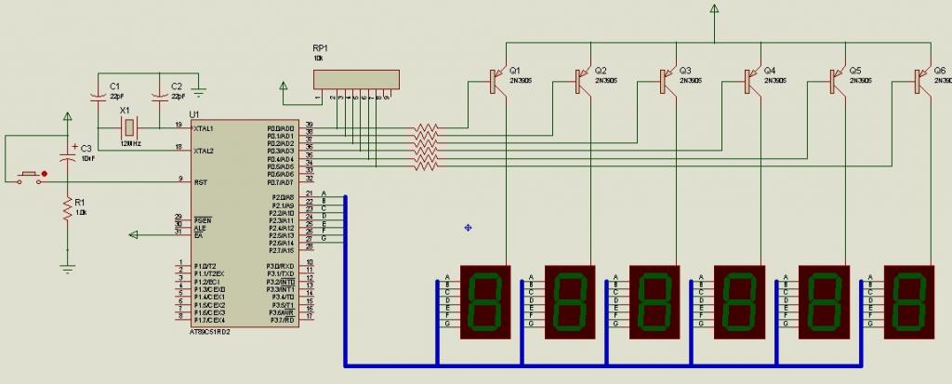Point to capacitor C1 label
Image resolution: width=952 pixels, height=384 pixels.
click(x=115, y=86)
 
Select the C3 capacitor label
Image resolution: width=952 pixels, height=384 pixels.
click(x=86, y=148)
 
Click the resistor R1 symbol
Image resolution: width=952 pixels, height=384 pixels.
click(x=67, y=210)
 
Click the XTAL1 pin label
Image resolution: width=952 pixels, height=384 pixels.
click(x=205, y=128)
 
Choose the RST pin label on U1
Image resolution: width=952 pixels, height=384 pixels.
click(x=201, y=182)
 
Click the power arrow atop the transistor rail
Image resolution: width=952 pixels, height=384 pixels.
click(x=714, y=10)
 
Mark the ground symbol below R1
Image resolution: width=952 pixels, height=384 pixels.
click(x=67, y=267)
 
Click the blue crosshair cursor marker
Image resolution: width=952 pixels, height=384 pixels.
click(x=467, y=226)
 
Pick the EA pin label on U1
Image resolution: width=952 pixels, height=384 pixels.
click(x=198, y=235)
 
